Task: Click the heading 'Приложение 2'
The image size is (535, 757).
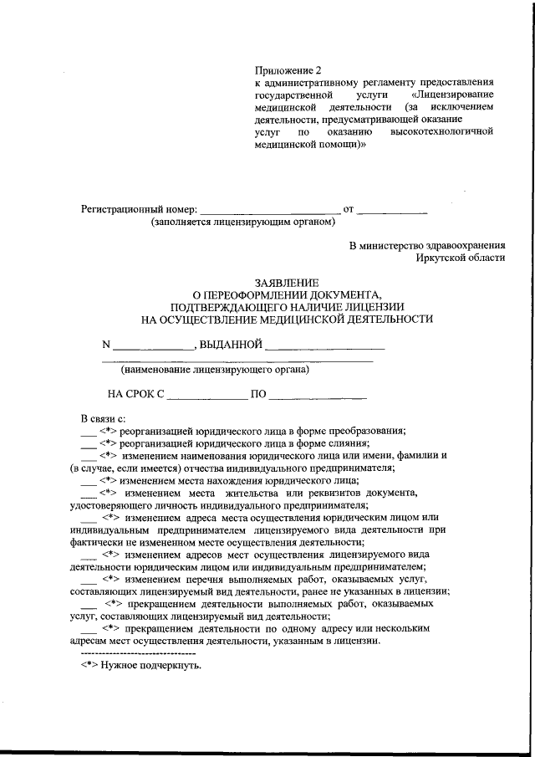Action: (x=288, y=71)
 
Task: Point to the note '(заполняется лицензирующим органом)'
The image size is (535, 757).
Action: (x=243, y=222)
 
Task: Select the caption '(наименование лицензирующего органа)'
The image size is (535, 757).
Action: (x=215, y=369)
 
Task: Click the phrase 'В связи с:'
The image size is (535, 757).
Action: (x=103, y=417)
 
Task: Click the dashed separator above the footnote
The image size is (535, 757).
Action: (x=138, y=652)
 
